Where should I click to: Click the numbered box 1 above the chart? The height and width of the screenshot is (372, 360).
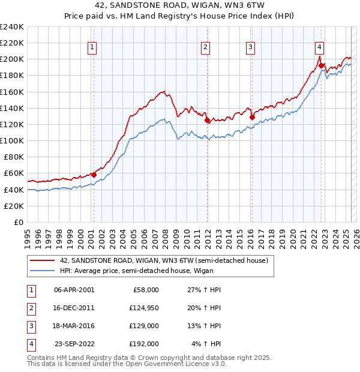click(x=93, y=49)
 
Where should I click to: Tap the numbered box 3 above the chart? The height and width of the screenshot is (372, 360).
click(x=250, y=49)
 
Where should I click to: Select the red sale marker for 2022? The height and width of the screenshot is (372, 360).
click(x=322, y=66)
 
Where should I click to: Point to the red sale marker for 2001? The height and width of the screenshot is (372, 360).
click(x=94, y=175)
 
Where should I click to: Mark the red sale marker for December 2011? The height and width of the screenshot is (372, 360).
click(x=207, y=120)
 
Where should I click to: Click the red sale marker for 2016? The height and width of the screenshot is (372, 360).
click(x=252, y=117)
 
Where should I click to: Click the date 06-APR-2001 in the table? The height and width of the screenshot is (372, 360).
click(x=74, y=290)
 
